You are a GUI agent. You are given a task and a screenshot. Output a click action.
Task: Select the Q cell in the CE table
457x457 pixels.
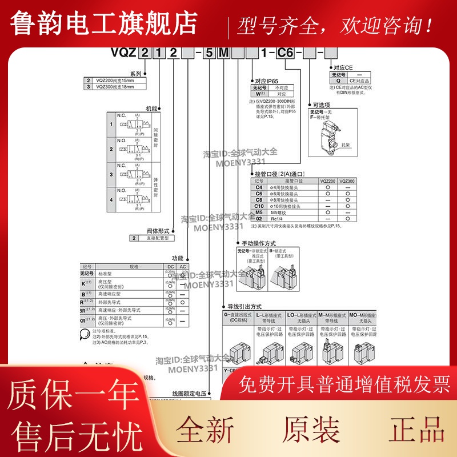click(x=338, y=81)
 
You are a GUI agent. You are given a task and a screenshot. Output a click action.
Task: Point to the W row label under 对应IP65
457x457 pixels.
click(x=258, y=94)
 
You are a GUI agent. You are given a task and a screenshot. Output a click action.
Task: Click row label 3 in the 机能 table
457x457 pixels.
click(x=111, y=174)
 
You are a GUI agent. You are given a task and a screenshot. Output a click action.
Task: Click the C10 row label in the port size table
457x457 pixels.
click(x=258, y=206)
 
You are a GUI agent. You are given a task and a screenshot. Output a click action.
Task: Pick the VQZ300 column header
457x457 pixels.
click(x=346, y=181)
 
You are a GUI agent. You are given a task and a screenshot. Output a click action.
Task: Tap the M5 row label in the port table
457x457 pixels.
click(x=258, y=213)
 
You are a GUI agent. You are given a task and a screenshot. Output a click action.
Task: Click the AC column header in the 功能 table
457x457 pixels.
click(x=182, y=267)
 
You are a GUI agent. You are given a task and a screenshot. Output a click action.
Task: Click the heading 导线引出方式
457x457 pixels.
click(x=244, y=306)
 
